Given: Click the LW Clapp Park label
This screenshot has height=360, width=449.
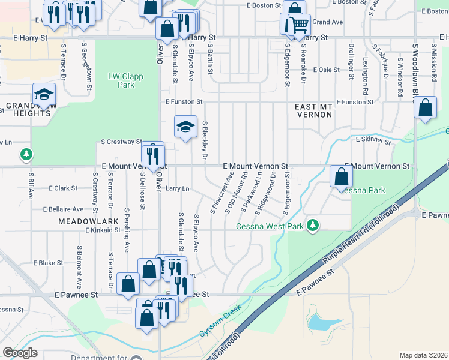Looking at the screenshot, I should click(x=121, y=80).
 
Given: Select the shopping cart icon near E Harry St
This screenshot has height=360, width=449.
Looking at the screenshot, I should click(x=299, y=24).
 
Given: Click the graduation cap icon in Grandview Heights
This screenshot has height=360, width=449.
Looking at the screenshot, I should click(x=44, y=94).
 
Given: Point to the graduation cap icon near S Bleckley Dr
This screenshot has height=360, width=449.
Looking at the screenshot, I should click(x=185, y=126).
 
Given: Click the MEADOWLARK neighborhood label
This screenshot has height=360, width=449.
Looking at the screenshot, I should click(x=83, y=221).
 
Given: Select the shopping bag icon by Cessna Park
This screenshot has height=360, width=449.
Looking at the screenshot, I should click(x=341, y=176).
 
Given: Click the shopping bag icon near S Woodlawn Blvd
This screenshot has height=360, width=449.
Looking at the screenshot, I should click(x=425, y=108).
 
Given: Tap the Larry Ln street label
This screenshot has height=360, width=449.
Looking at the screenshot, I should click(x=178, y=189).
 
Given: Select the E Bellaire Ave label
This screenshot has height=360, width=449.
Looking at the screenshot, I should click(x=63, y=209).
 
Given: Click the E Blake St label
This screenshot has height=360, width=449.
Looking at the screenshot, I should click(x=48, y=263).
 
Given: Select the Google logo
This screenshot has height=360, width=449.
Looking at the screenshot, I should click(x=19, y=353).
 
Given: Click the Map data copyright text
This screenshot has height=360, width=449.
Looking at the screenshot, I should click(x=423, y=355).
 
